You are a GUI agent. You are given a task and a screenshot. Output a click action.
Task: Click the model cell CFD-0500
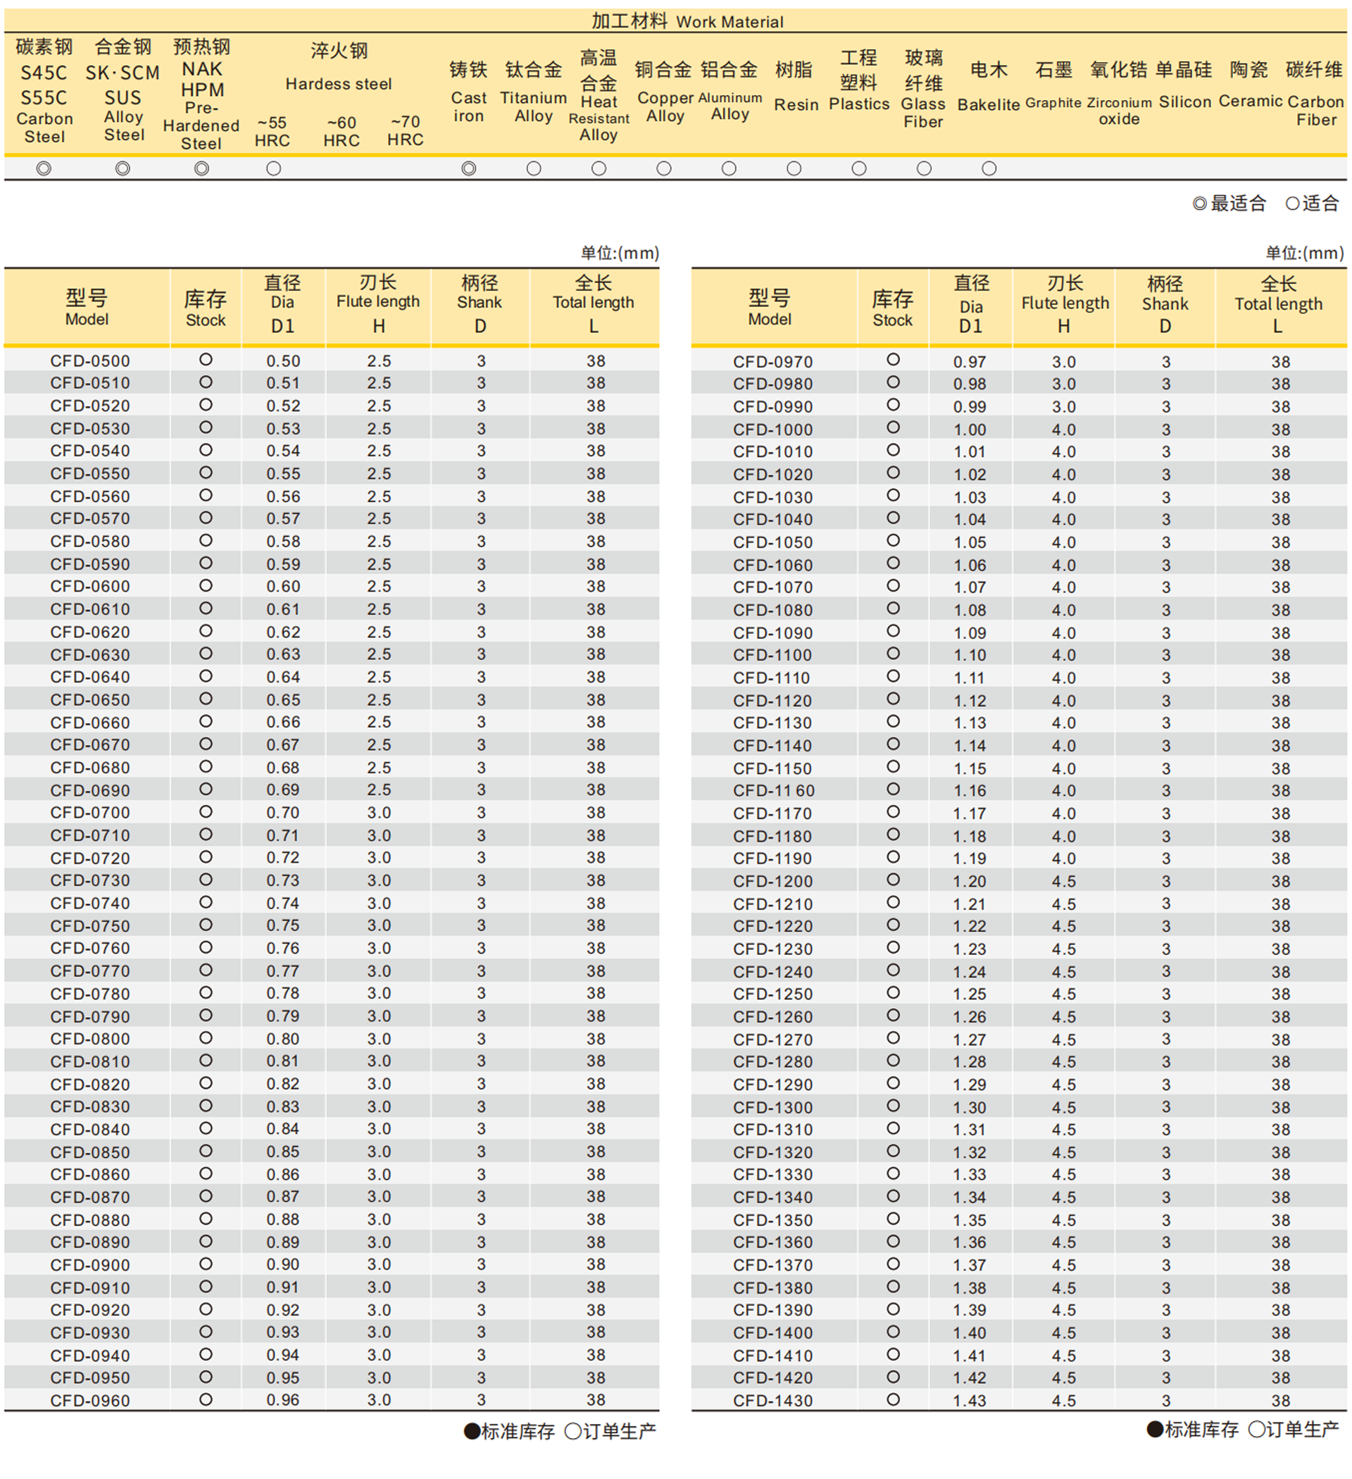[x=89, y=361]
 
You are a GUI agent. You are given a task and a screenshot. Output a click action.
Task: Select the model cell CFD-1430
[x=772, y=1401]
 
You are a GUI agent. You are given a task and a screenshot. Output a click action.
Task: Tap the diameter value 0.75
[x=282, y=925]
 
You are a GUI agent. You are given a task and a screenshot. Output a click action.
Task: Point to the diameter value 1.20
[x=969, y=881]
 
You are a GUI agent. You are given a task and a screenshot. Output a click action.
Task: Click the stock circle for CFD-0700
[x=206, y=811]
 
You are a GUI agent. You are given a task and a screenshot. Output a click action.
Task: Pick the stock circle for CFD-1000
[x=893, y=428]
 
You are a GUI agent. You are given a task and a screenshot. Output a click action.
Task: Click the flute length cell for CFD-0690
[x=379, y=790]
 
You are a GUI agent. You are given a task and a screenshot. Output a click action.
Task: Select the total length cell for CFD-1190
[x=1280, y=859]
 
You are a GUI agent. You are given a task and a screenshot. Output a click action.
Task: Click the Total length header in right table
[x=1278, y=304]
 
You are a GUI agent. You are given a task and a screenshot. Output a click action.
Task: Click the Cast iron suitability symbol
[x=469, y=169]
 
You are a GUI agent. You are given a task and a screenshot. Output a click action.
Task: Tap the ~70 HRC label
[x=405, y=130]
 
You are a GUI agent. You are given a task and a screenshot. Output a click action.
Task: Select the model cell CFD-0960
[x=89, y=1401]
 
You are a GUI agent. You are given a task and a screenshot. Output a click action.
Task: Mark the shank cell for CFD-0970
[x=1165, y=362]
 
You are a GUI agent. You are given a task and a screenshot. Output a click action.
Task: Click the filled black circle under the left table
[x=472, y=1431]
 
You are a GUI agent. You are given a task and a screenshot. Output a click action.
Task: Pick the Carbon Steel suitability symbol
[x=44, y=169]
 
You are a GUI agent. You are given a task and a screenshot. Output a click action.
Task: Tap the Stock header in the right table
[x=892, y=308]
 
